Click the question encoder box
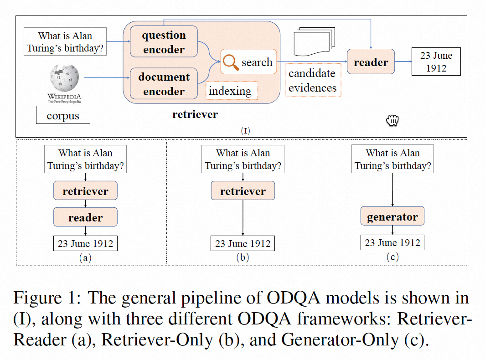(164, 42)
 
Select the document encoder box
(164, 84)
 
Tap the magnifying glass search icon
(232, 62)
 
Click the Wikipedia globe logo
(64, 78)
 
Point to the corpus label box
(63, 116)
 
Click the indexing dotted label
(230, 91)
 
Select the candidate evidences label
(313, 80)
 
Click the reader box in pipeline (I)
(371, 62)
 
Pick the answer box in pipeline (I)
(436, 62)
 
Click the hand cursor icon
(392, 120)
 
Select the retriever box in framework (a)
(85, 191)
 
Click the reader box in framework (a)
(85, 217)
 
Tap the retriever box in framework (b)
(242, 191)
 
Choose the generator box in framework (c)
(392, 216)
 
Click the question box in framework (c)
(392, 159)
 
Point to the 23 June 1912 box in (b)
(242, 243)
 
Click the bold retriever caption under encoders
(195, 114)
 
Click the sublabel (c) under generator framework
(392, 257)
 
